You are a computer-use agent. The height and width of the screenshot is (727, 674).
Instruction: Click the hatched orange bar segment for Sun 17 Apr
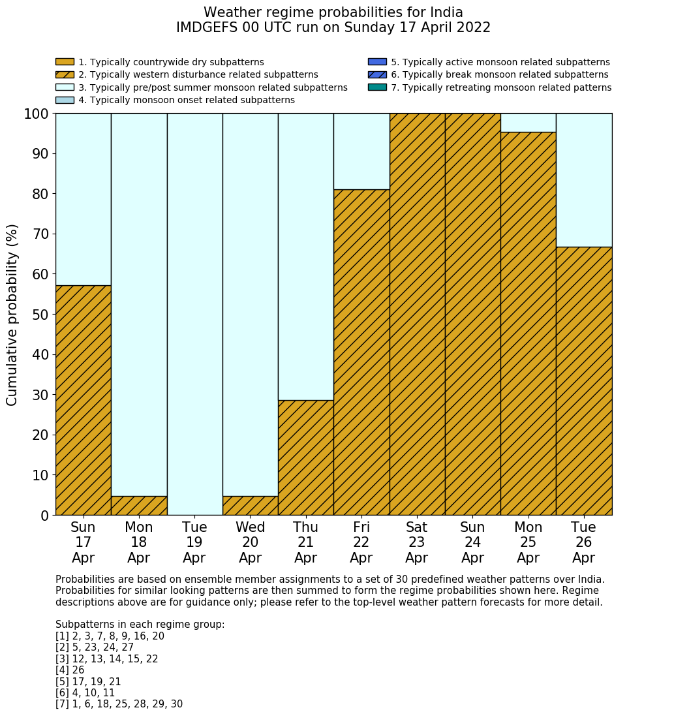(83, 400)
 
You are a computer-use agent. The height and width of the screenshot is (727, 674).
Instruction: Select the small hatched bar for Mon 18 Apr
(139, 506)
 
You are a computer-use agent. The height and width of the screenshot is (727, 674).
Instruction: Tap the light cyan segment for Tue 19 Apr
(194, 314)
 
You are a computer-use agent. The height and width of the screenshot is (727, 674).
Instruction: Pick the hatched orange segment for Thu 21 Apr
(306, 457)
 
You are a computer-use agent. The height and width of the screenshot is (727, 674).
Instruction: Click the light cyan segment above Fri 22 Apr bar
(361, 151)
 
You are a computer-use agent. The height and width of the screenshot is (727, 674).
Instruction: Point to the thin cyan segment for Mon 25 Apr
(528, 123)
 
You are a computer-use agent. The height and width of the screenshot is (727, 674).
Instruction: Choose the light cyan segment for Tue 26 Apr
(584, 180)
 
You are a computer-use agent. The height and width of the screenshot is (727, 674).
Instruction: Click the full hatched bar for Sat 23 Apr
(417, 314)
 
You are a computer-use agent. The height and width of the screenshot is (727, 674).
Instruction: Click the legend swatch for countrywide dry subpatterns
(65, 62)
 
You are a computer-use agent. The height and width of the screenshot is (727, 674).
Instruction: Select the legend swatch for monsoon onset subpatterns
(65, 100)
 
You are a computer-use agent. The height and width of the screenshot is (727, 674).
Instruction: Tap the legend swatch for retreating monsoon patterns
(377, 87)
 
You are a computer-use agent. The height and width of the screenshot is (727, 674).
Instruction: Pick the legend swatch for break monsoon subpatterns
(377, 75)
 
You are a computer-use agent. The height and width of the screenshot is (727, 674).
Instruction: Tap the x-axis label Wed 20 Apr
(251, 542)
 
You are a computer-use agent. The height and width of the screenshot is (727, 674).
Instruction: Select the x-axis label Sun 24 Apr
(472, 542)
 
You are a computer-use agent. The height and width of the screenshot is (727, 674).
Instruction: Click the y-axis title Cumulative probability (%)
(12, 315)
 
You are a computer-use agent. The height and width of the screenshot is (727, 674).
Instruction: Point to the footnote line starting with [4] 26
(70, 670)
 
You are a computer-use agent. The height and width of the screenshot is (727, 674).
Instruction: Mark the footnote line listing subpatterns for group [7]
(119, 704)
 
